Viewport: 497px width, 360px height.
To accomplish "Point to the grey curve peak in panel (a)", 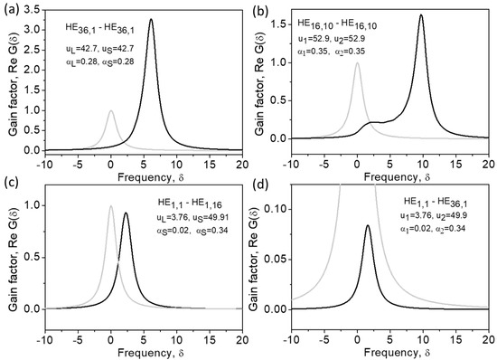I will coord(110,111).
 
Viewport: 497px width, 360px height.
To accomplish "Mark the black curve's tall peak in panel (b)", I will coord(422,14).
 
